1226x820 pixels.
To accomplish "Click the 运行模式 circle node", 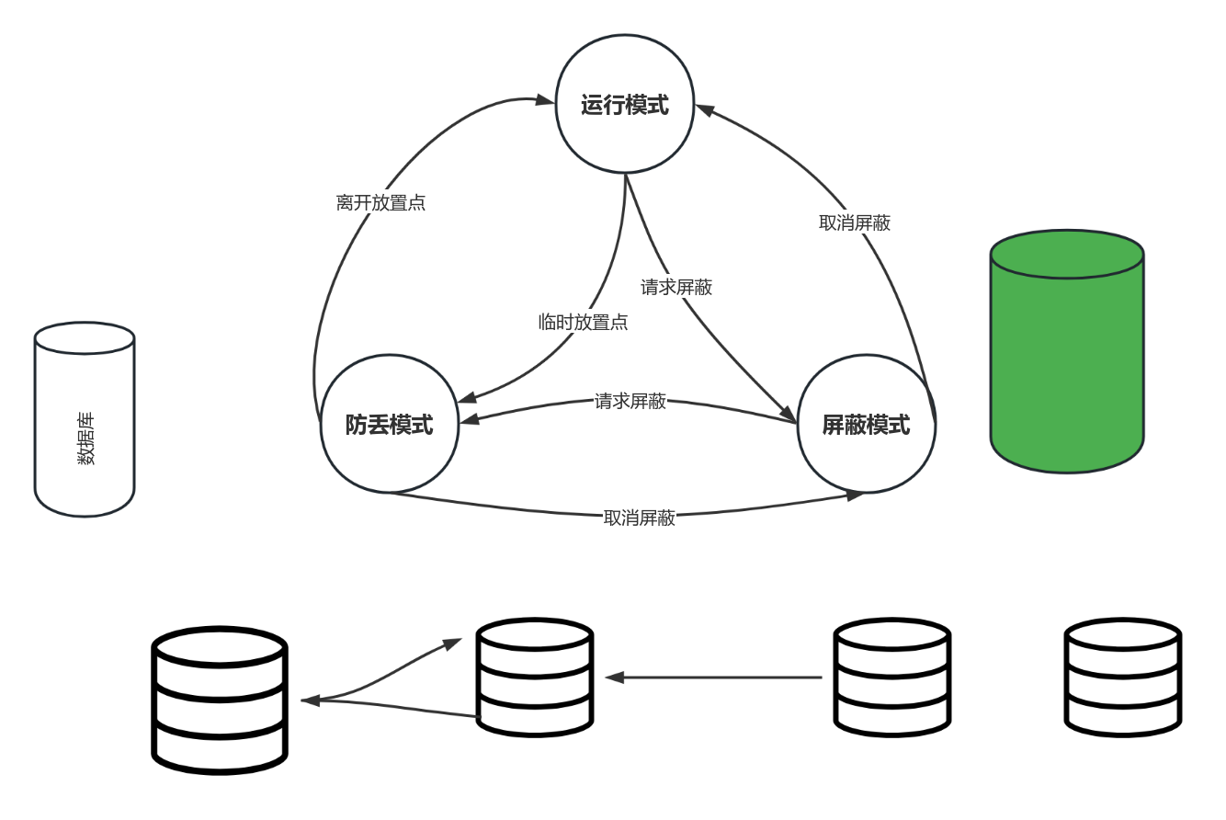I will coord(624,104).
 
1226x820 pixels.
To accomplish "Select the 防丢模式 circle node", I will coord(389,424).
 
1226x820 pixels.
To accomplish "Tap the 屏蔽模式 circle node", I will coord(866,424).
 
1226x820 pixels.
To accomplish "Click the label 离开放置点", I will coord(380,203).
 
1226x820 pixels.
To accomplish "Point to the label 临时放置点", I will coord(583,323).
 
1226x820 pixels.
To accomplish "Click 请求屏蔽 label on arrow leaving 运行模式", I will coord(676,287).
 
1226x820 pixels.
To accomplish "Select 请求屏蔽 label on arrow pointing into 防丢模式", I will coord(630,402).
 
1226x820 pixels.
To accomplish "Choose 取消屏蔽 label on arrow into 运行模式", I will coord(855,222).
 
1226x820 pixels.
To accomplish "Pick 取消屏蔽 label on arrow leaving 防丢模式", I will coord(639,518).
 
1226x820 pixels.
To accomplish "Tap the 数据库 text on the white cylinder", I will coord(85,439).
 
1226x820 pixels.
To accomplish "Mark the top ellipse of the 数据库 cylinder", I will coord(85,338).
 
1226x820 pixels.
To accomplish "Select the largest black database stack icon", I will coord(220,700).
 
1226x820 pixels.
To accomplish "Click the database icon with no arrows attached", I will coord(1122,678).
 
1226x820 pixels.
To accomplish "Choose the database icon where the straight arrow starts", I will coord(891,678).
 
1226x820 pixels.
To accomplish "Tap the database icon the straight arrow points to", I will coord(534,678).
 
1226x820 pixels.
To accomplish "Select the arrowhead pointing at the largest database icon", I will coord(310,700).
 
